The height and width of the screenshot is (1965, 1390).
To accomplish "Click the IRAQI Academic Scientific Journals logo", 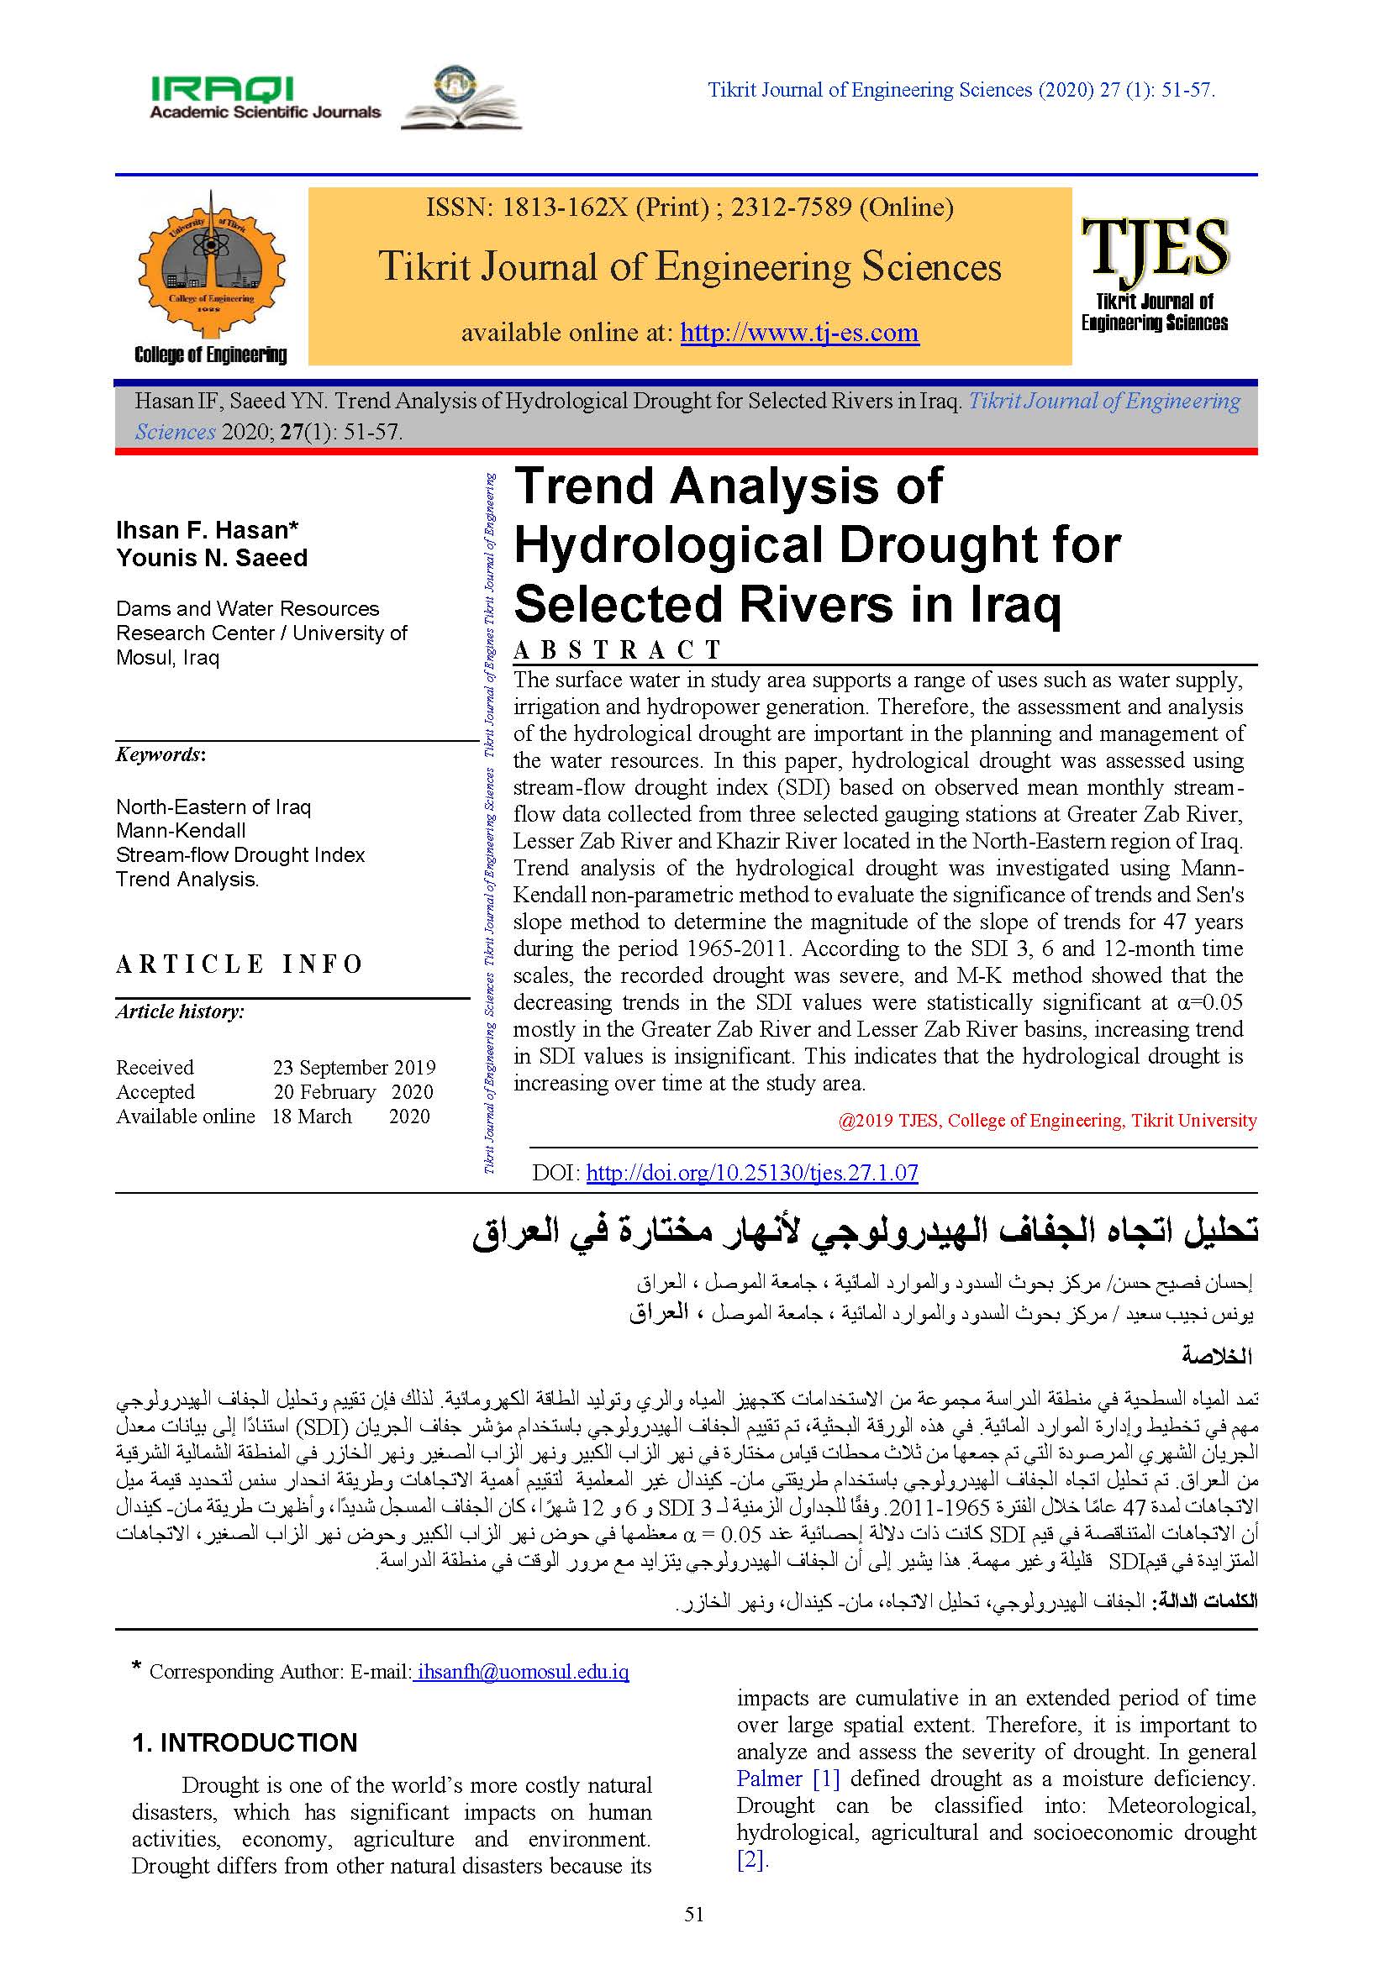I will (265, 97).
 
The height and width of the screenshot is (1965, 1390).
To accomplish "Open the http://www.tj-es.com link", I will (798, 332).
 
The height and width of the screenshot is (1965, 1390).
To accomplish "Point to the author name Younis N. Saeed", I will (212, 558).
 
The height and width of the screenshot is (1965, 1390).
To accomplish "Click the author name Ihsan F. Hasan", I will (207, 530).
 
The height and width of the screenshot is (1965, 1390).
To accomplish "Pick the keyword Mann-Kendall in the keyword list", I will (181, 830).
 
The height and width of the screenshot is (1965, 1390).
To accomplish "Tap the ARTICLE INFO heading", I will (240, 964).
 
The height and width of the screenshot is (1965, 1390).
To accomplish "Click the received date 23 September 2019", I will (354, 1067).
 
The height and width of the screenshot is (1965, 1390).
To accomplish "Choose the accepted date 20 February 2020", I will (353, 1092).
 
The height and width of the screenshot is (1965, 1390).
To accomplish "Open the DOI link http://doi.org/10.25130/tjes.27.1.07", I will (751, 1173).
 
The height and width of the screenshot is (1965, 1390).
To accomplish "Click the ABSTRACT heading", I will (617, 650).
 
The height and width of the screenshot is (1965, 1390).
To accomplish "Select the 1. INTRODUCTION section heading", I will (244, 1742).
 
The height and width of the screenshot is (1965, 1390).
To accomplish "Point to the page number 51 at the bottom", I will (694, 1915).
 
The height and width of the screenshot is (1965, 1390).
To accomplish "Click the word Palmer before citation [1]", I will (769, 1778).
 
